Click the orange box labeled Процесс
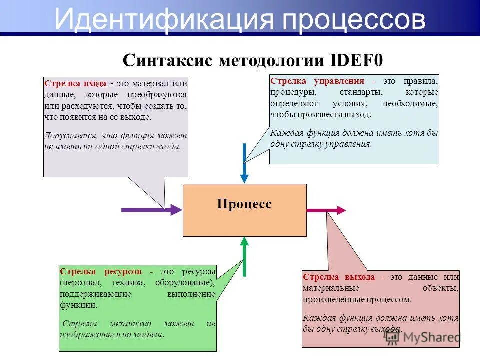(x=244, y=210)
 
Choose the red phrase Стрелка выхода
(x=338, y=277)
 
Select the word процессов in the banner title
(x=355, y=20)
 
